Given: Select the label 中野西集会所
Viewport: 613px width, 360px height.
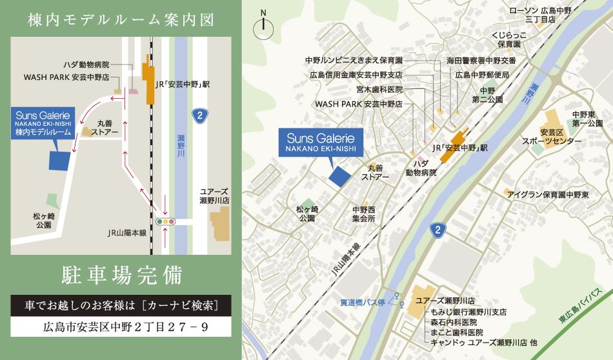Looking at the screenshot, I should coord(363,214).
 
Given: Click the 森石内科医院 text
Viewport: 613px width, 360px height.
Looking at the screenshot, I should coord(453,322).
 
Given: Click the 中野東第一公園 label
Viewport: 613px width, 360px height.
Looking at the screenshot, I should coord(587,118).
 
